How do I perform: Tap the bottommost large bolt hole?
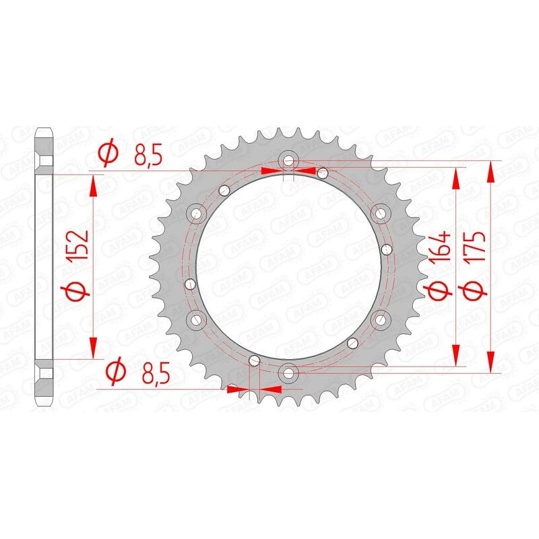click(x=288, y=371)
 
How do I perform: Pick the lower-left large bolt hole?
click(x=197, y=318)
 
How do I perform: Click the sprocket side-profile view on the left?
click(x=44, y=265)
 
